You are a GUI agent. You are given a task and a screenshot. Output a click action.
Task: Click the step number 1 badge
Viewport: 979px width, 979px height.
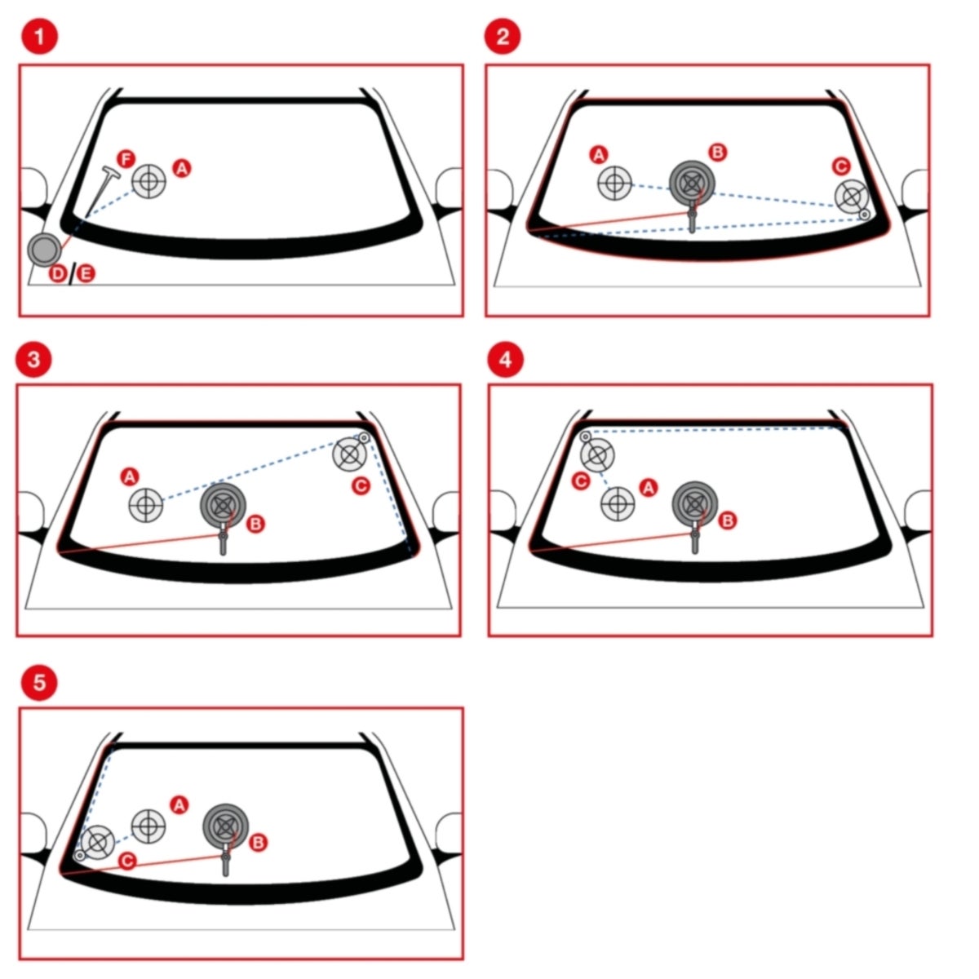tap(40, 37)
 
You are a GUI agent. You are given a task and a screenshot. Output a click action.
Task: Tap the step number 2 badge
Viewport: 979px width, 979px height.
tap(503, 37)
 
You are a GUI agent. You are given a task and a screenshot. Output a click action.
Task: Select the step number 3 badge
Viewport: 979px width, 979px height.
tap(33, 359)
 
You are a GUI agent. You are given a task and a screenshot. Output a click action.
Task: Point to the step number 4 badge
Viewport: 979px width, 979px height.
tap(506, 359)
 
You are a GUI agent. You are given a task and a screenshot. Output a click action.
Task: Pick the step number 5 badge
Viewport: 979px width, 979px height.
tap(39, 682)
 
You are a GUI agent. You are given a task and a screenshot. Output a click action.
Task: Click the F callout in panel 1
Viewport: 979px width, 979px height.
tap(126, 159)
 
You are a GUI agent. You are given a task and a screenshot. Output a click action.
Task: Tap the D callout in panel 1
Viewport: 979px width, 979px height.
tap(58, 274)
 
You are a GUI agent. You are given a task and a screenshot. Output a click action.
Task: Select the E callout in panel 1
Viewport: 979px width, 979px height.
tap(86, 274)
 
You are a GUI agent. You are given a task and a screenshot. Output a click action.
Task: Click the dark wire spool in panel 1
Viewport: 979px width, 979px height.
tap(45, 249)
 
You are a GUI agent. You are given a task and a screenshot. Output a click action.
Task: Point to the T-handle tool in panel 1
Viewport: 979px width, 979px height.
tap(100, 193)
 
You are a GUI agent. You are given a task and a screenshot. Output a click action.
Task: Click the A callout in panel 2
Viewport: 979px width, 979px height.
tap(599, 154)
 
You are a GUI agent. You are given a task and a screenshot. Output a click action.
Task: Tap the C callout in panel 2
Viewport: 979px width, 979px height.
tap(841, 166)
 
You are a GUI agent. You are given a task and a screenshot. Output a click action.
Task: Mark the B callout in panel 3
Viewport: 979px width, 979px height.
tap(255, 524)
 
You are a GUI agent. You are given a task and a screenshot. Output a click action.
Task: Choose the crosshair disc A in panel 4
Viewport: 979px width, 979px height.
tap(618, 503)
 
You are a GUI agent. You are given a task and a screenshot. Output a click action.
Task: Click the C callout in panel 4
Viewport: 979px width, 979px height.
tap(581, 481)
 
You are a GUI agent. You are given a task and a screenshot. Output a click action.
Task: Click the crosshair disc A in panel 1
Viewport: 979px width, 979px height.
tap(148, 181)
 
